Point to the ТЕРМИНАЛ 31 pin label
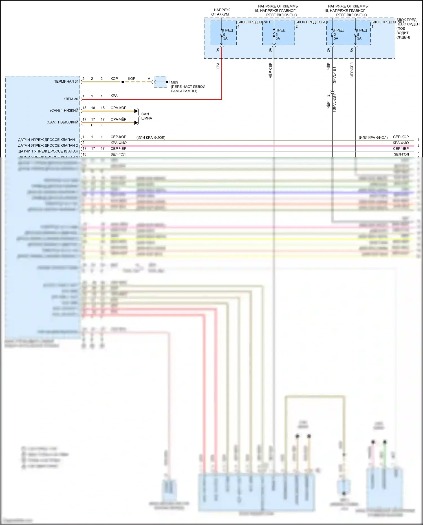click(x=66, y=82)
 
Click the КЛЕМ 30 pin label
click(x=71, y=99)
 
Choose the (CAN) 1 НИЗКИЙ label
click(x=64, y=111)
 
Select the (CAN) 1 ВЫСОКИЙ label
click(x=62, y=122)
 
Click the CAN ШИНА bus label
click(x=146, y=116)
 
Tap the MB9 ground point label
click(x=175, y=82)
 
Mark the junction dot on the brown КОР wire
click(x=122, y=82)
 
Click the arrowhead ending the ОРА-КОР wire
click(x=136, y=111)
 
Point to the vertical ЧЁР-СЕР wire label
click(x=270, y=70)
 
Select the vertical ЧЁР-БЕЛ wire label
click(x=352, y=70)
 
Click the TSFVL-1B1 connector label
click(x=334, y=76)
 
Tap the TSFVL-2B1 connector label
click(x=334, y=103)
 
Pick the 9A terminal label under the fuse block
click(x=218, y=50)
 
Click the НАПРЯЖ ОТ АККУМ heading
click(x=221, y=12)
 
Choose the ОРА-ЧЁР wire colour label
click(x=118, y=119)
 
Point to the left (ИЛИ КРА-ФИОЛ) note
click(x=151, y=138)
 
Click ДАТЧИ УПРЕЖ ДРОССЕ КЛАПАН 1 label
click(x=48, y=140)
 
